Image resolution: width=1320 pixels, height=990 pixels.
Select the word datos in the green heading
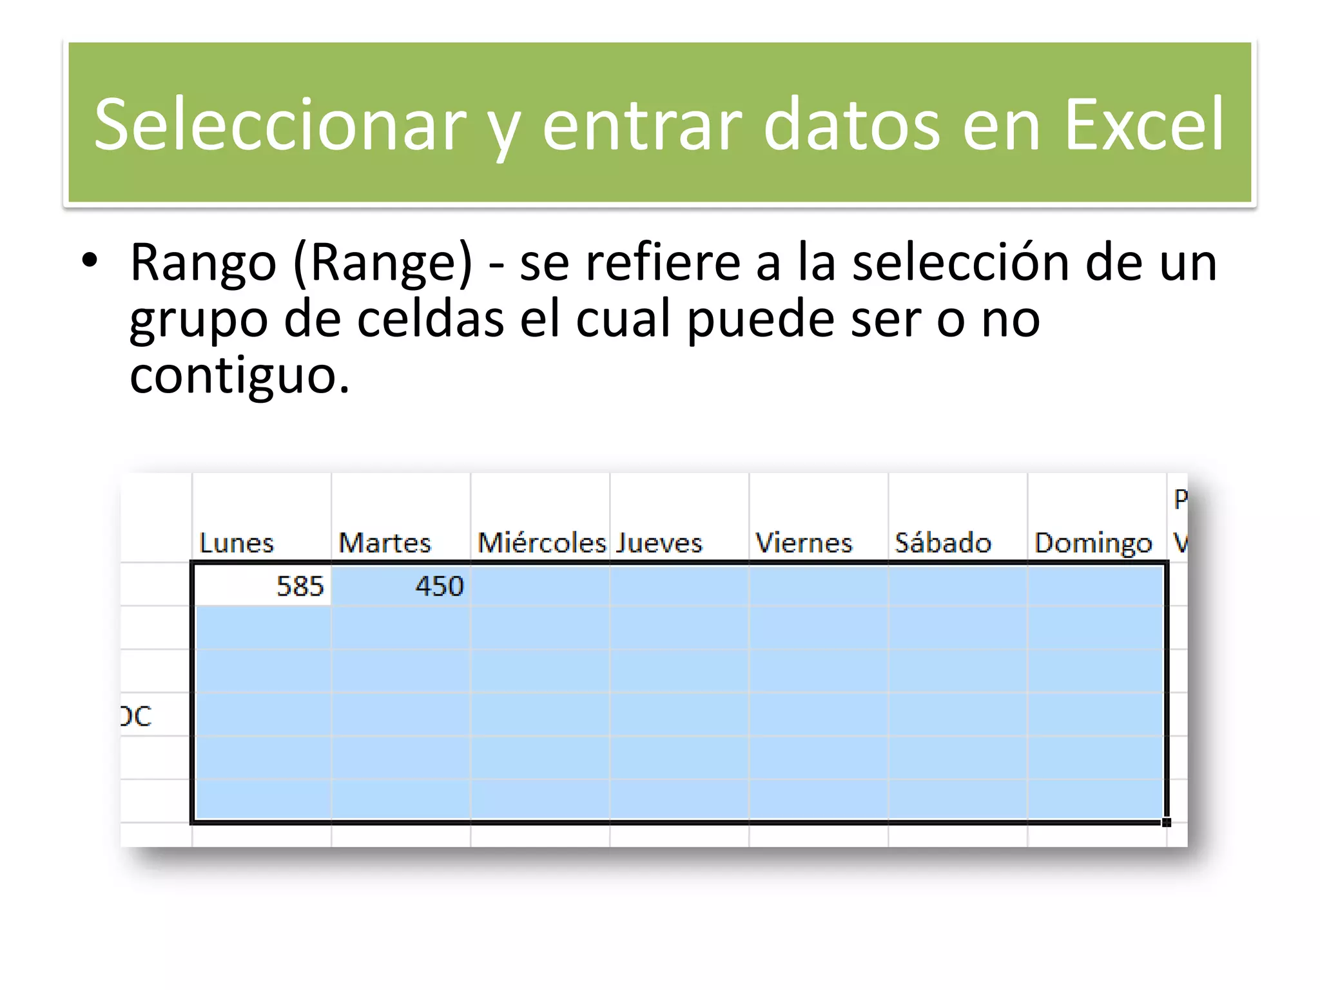click(852, 124)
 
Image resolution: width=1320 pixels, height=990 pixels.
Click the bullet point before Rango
click(90, 261)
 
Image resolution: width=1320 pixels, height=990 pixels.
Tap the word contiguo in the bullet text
click(239, 376)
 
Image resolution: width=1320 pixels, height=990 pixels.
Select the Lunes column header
click(237, 543)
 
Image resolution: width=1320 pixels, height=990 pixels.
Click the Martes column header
click(385, 543)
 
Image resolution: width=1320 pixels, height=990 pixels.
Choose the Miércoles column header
click(541, 543)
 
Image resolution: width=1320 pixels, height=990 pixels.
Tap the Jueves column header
click(659, 543)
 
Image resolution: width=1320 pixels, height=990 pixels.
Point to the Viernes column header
click(804, 543)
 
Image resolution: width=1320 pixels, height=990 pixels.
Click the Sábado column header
click(943, 543)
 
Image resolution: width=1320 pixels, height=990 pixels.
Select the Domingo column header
click(1093, 543)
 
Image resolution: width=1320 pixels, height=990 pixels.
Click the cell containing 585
click(262, 586)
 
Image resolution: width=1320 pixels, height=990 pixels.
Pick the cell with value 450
click(401, 586)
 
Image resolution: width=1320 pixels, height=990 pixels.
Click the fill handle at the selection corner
click(1167, 822)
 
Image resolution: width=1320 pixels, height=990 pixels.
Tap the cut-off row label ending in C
click(136, 716)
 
